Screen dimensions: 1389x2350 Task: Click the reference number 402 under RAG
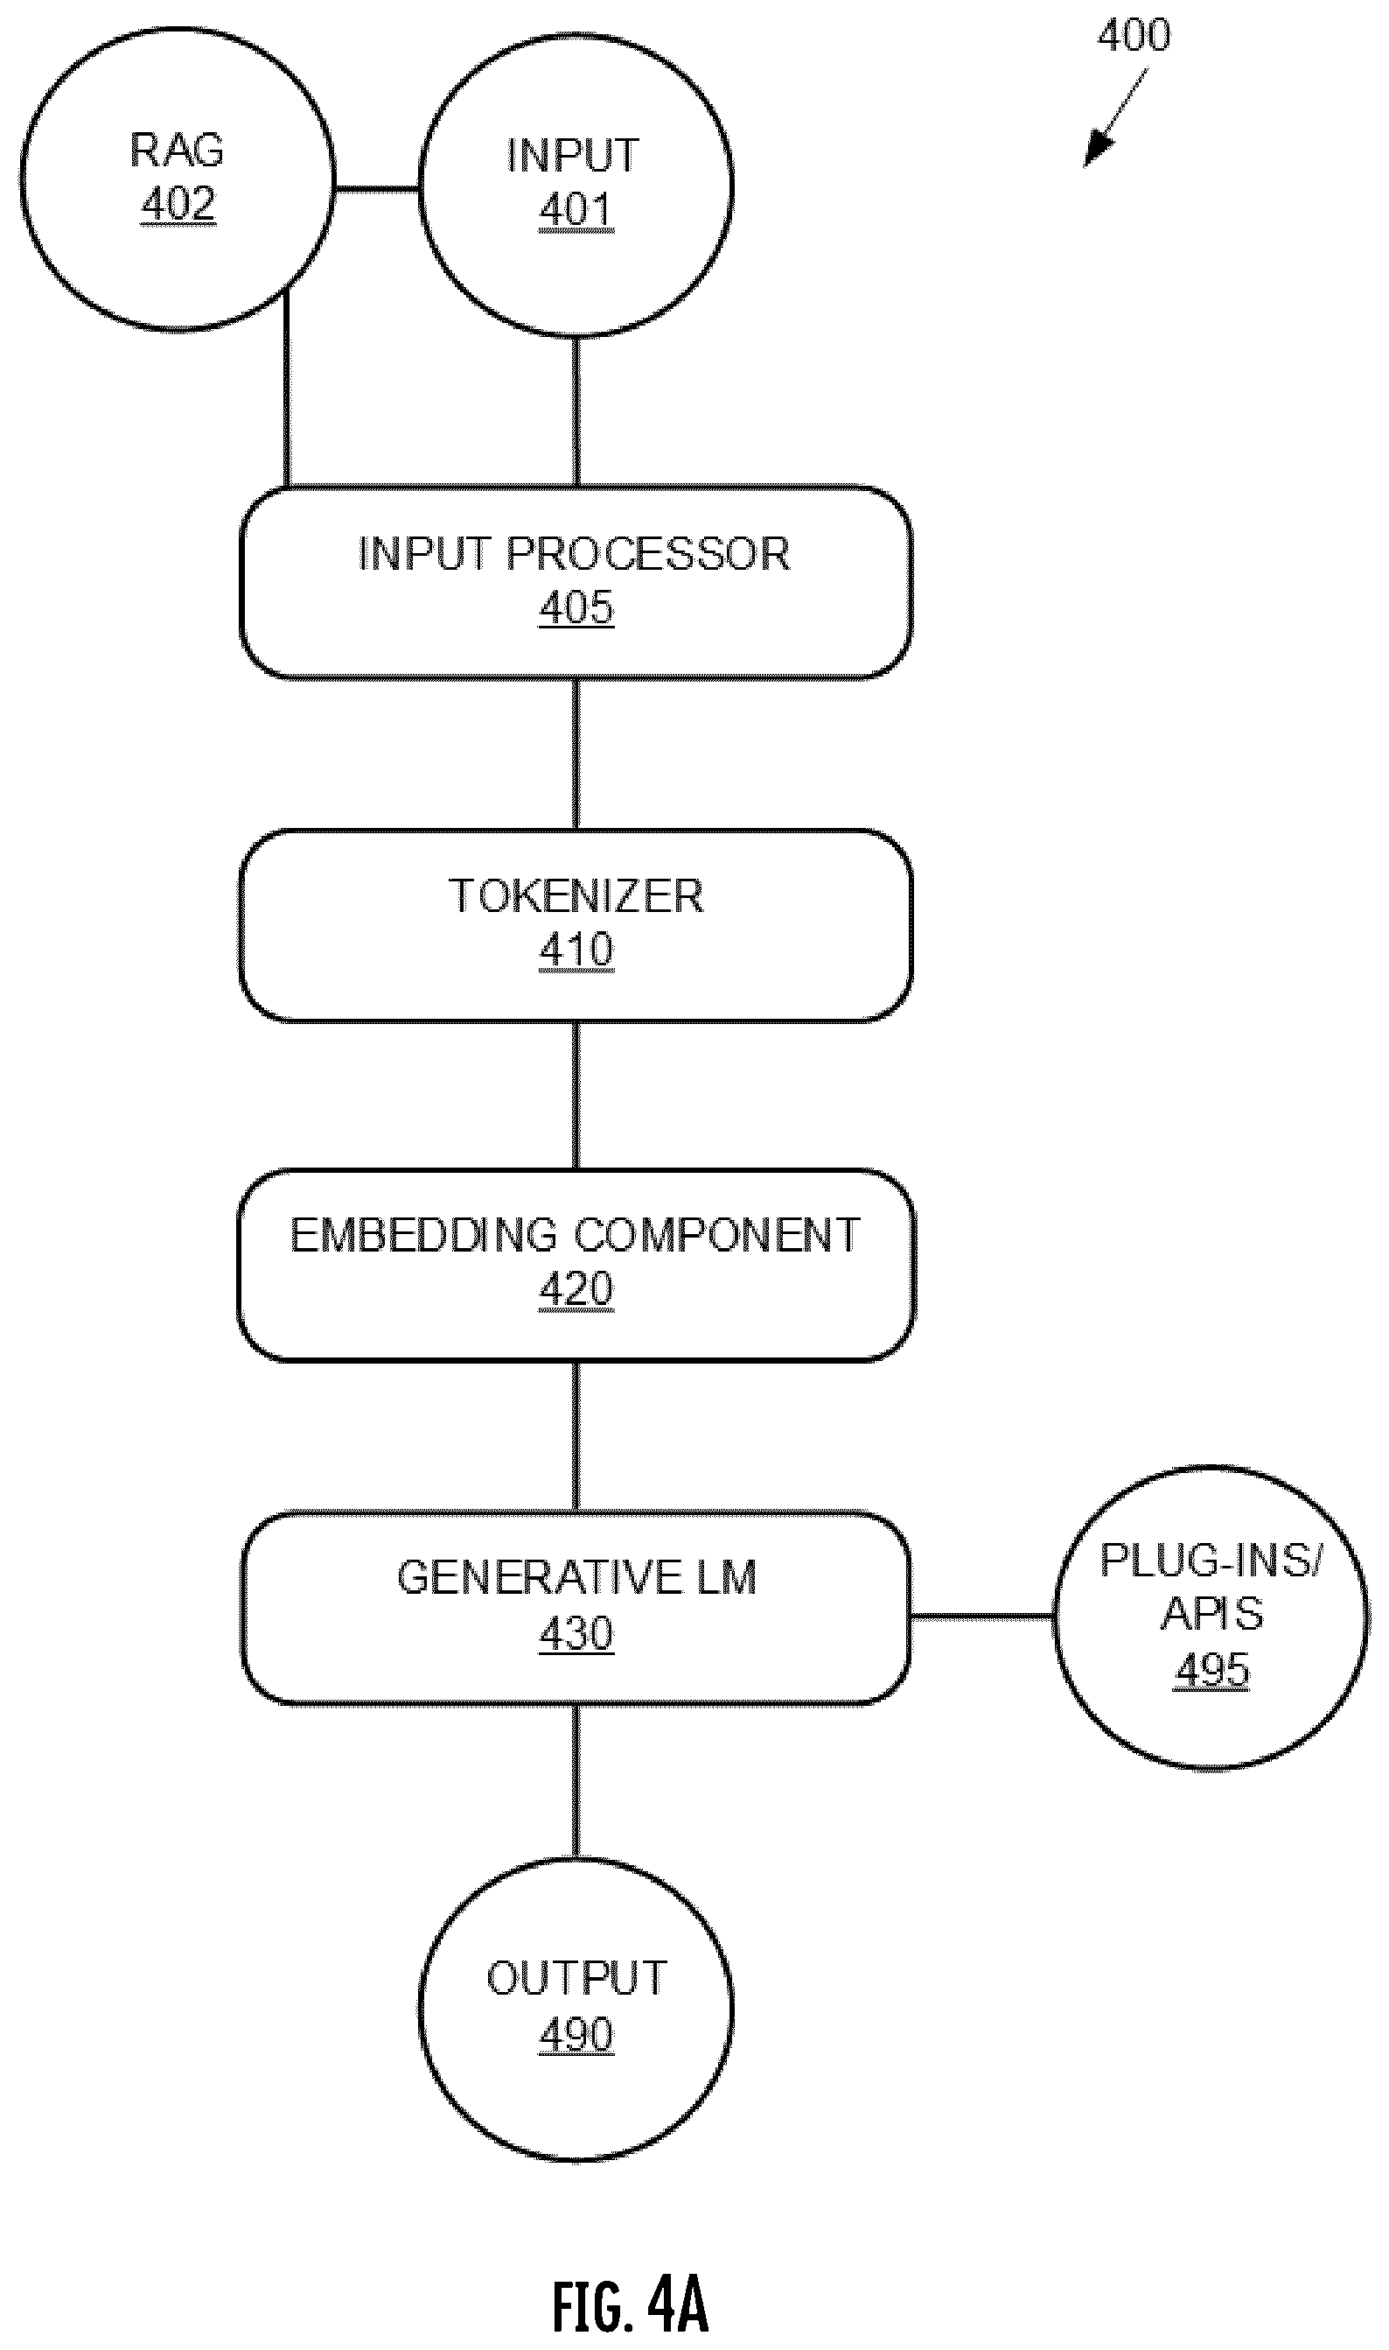178,203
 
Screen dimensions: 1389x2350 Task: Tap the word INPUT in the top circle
573,156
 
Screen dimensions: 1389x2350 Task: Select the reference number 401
576,210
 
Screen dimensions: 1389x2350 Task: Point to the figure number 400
1134,35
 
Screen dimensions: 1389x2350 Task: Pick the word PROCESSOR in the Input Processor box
649,553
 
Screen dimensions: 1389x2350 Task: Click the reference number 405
576,607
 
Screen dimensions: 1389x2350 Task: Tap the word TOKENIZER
576,896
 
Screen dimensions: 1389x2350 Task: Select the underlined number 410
576,950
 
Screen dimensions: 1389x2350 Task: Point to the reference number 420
576,1288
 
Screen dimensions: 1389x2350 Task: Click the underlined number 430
576,1633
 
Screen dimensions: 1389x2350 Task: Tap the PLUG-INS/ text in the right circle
1211,1560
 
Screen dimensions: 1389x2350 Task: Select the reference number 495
1211,1669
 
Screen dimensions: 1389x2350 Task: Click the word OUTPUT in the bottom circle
576,1978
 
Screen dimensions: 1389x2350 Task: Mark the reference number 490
576,2033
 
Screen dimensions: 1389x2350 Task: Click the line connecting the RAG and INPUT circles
376,190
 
